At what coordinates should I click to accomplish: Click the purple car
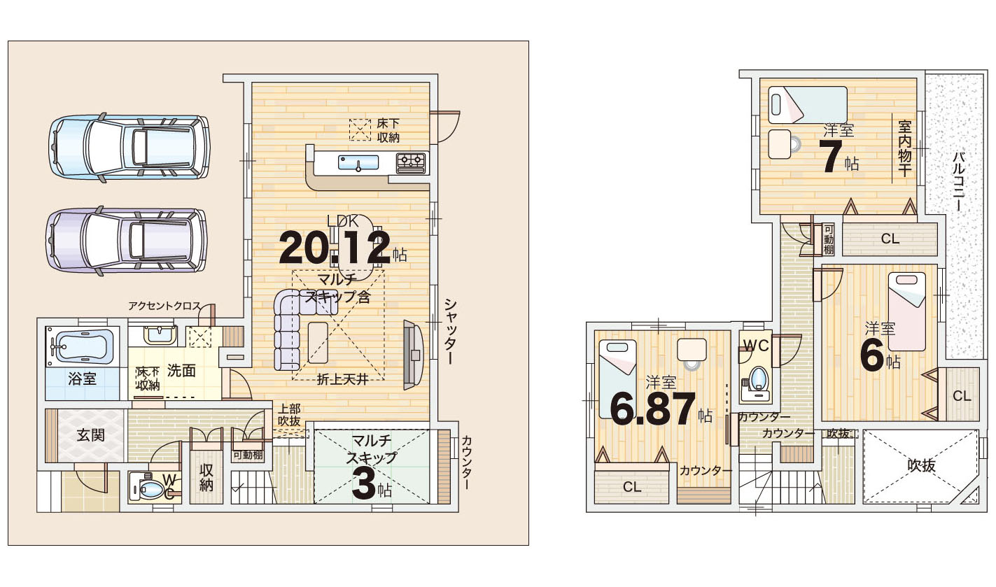coord(126,240)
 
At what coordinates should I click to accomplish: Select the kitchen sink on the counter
coord(358,162)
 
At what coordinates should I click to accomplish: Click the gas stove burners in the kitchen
coord(412,162)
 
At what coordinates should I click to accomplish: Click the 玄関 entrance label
coord(91,435)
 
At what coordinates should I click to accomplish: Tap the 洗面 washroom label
coord(181,371)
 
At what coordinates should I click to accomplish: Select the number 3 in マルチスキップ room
coord(364,486)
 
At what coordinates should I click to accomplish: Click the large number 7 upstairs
coord(832,157)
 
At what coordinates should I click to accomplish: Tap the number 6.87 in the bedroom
coord(653,409)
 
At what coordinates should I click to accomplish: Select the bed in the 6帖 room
coord(906,312)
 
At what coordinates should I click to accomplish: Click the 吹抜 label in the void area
coord(922,465)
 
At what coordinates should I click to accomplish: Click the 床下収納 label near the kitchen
coord(388,130)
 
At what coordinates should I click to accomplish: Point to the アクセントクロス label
coord(164,306)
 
